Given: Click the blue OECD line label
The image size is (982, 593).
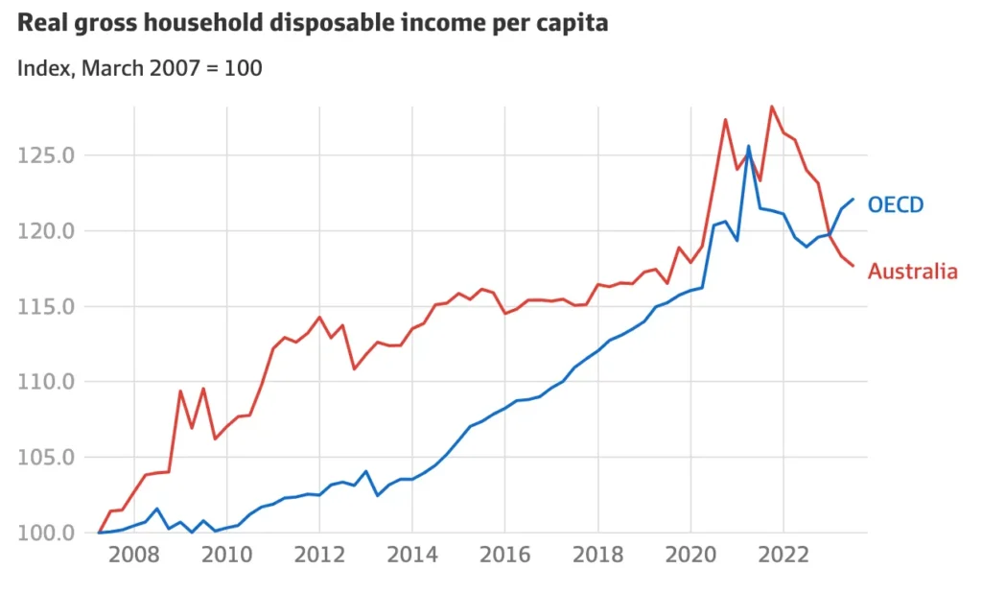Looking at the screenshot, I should (895, 204).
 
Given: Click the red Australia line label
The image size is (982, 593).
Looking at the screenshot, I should (912, 272).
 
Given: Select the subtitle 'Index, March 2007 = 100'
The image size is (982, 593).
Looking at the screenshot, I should (140, 68).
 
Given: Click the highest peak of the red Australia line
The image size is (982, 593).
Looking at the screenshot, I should (771, 107).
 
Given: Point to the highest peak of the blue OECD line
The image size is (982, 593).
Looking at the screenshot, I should (748, 146).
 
